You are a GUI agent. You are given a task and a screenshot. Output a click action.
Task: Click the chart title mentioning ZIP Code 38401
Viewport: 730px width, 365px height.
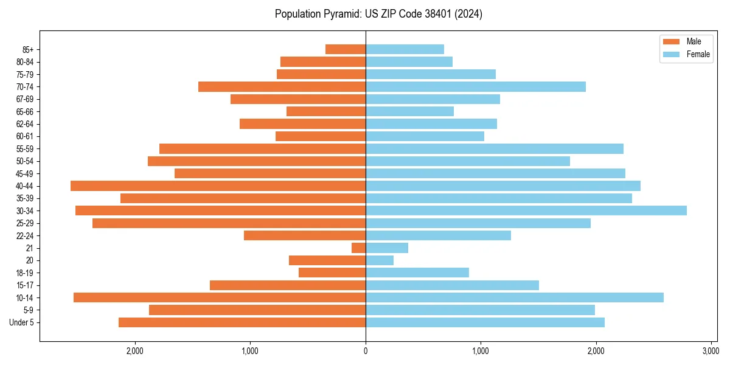tap(378, 14)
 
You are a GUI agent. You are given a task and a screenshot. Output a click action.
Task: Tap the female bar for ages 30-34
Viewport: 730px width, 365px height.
tap(526, 210)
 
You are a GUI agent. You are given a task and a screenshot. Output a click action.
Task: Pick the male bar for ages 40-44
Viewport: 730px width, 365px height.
tap(218, 186)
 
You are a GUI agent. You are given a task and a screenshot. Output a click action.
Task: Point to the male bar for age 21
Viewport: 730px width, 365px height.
tap(358, 248)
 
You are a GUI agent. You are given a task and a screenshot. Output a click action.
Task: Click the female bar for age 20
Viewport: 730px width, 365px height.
tap(380, 260)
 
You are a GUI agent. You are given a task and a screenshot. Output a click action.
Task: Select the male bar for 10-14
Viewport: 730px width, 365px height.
tap(220, 297)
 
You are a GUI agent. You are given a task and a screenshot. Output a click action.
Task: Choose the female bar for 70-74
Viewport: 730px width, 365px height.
tap(476, 86)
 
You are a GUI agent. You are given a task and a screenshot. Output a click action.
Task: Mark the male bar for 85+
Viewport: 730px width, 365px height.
tap(346, 49)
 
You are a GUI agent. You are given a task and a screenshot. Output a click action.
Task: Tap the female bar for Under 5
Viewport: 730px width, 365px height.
tap(485, 322)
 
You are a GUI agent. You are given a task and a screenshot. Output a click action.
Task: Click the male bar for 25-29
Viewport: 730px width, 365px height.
tap(229, 223)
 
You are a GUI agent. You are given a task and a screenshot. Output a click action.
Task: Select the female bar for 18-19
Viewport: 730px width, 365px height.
tap(417, 273)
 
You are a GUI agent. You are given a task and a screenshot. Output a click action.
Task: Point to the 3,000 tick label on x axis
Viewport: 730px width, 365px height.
tap(710, 351)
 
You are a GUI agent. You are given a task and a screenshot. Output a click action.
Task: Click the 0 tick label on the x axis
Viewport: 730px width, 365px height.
tap(366, 351)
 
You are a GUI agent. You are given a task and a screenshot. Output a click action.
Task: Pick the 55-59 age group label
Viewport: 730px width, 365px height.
tap(24, 148)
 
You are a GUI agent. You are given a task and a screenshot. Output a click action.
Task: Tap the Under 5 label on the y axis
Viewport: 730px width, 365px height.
tap(22, 322)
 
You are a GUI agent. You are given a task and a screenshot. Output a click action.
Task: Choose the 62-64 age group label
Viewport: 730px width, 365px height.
tap(24, 123)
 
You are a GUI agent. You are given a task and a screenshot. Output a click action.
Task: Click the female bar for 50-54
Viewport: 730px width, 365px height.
tap(468, 161)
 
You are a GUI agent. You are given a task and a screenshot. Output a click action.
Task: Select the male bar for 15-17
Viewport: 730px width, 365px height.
tap(288, 285)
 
